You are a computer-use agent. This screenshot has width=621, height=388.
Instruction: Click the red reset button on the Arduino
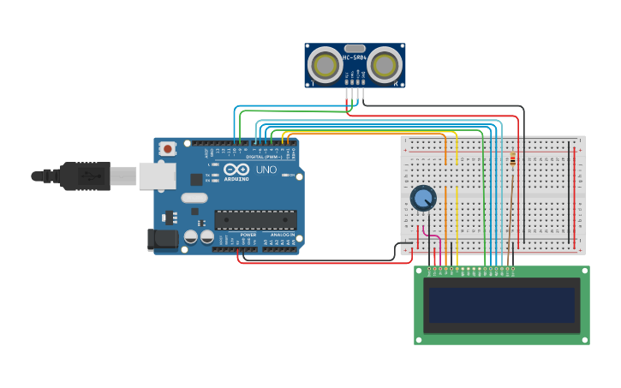coord(167,148)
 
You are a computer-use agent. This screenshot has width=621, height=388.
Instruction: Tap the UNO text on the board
coord(266,170)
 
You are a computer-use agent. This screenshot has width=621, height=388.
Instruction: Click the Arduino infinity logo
coord(236,170)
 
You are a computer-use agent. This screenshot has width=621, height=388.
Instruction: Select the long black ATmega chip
coord(255,219)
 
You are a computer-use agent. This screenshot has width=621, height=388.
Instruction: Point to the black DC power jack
coord(162,239)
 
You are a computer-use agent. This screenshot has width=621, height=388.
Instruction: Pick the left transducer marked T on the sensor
coord(325,65)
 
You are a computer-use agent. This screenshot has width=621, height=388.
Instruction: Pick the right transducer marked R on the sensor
coord(385,65)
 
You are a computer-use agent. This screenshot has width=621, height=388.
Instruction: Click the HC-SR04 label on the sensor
coord(355,57)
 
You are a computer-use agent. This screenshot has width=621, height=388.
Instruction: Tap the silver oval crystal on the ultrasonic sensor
coord(355,48)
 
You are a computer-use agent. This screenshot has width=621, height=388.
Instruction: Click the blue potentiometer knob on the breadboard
coord(423,198)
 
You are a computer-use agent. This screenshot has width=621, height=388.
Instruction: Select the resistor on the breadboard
coord(512,160)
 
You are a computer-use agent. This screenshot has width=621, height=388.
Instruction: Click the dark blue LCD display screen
coord(501,305)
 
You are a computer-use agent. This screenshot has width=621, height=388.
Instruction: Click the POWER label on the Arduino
coord(248,234)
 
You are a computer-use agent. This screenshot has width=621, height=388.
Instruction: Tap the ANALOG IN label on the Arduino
coord(282,234)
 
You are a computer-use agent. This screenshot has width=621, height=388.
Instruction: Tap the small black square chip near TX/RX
coord(196,179)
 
